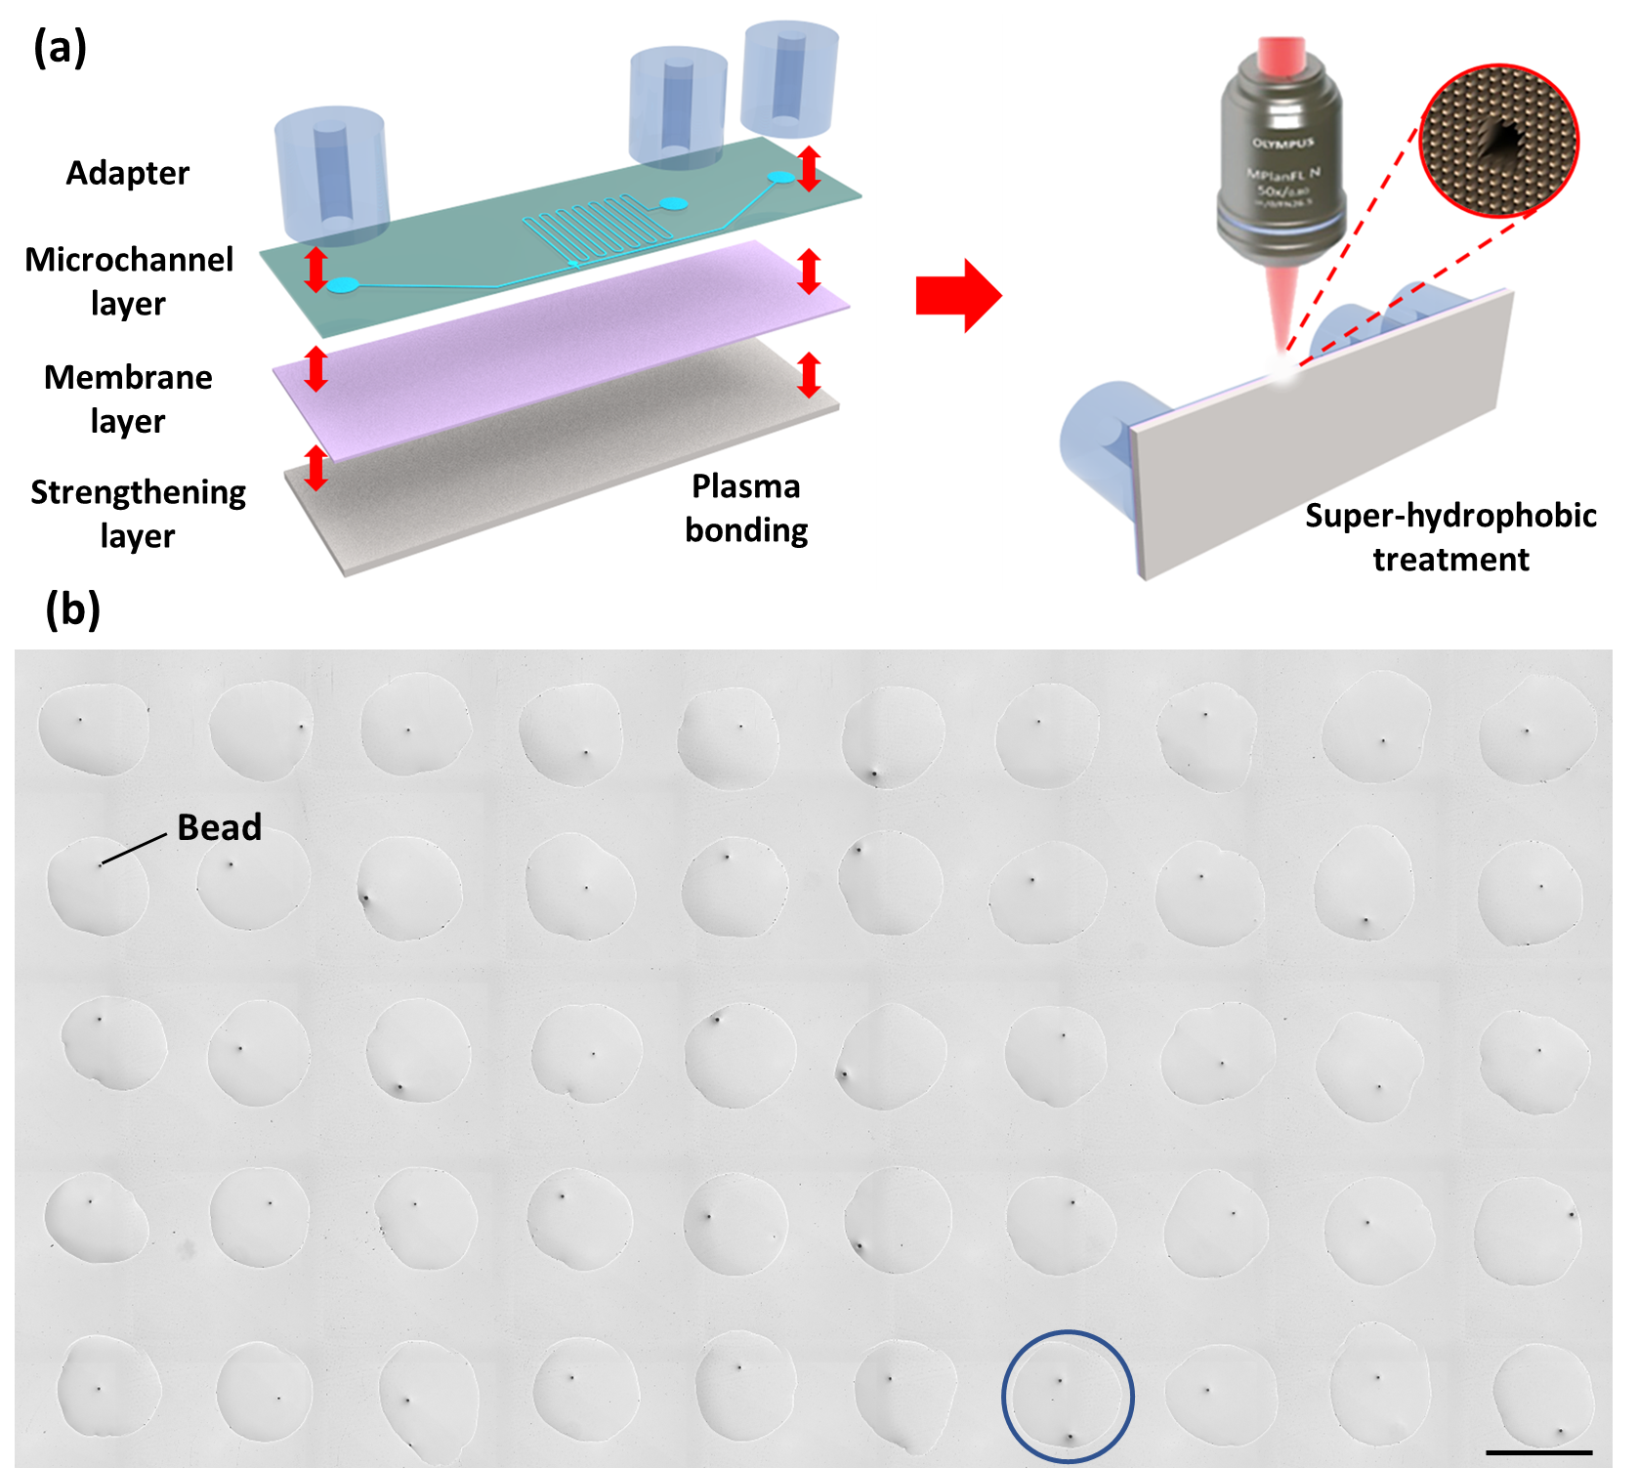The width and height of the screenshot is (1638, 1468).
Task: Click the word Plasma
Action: click(745, 486)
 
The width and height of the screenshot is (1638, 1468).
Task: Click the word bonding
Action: click(746, 530)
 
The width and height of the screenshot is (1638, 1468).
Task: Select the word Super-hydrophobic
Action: click(1450, 516)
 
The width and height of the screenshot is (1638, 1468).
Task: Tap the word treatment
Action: click(1450, 560)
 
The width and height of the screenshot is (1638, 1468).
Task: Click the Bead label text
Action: click(220, 827)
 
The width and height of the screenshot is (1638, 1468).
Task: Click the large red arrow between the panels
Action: click(955, 295)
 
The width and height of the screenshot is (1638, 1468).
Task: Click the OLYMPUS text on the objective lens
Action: click(1282, 144)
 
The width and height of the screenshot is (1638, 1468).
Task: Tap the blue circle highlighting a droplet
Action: click(1068, 1397)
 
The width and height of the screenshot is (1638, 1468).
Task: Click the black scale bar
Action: click(1538, 1452)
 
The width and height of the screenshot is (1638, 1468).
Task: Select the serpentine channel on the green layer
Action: click(599, 231)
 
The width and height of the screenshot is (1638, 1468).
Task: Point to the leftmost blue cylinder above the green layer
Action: click(332, 176)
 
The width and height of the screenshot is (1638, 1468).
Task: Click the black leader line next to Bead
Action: click(134, 849)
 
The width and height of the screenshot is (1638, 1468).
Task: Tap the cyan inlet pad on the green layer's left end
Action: click(342, 285)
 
